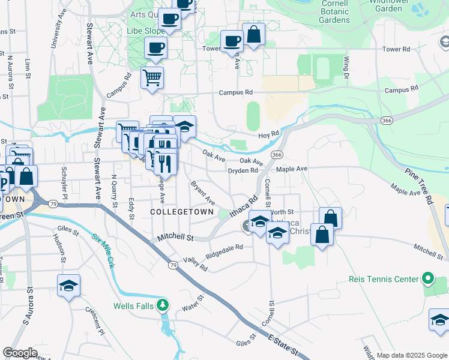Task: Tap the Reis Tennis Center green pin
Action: coord(427,279)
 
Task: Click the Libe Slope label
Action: coord(145,31)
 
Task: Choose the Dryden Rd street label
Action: coord(243,170)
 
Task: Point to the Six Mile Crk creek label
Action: coord(103,249)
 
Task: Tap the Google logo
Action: coord(20,353)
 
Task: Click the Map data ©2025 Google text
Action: coord(412,355)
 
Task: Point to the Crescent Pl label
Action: coord(95,321)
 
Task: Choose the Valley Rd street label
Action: coord(196,263)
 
